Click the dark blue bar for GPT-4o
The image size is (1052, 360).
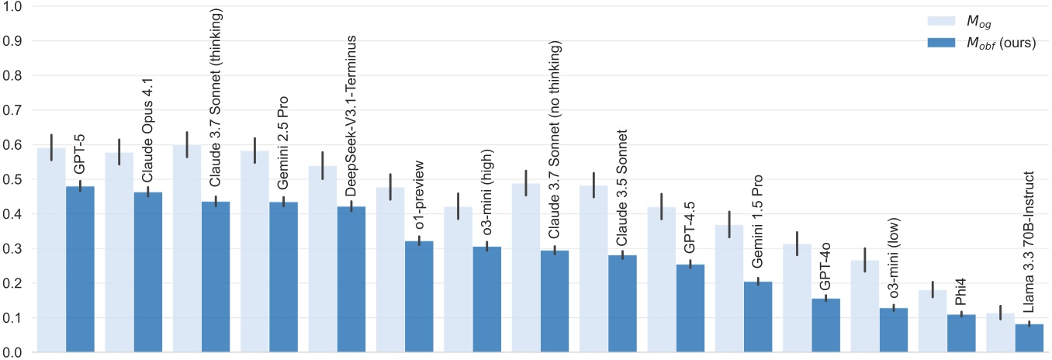(x=825, y=325)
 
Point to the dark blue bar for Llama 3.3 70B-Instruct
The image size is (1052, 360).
(x=1029, y=338)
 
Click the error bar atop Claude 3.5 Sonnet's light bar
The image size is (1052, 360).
(x=593, y=185)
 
